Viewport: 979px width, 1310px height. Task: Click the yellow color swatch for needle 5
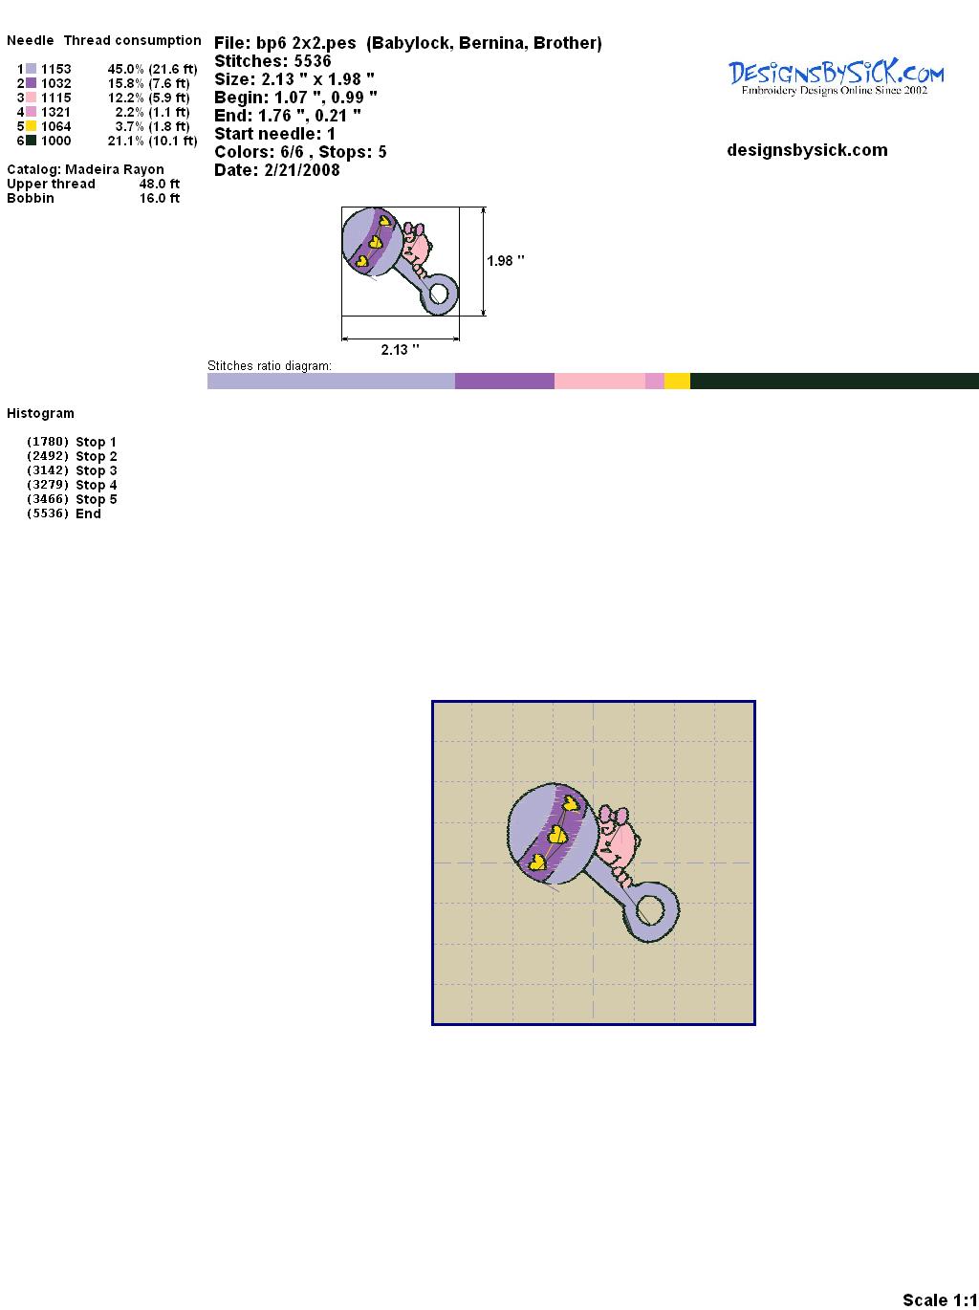tap(31, 126)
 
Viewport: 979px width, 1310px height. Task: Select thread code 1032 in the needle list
tap(55, 83)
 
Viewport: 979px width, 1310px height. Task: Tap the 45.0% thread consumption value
tap(125, 69)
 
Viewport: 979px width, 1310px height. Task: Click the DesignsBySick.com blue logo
tap(837, 77)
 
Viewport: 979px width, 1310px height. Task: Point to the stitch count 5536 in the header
tap(313, 61)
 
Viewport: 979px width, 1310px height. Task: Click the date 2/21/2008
tap(302, 170)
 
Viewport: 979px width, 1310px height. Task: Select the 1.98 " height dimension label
tap(506, 261)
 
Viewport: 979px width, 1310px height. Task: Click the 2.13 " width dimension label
tap(400, 350)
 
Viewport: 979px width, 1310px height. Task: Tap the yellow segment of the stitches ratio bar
tap(677, 381)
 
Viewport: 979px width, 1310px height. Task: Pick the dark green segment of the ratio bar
tap(835, 381)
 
